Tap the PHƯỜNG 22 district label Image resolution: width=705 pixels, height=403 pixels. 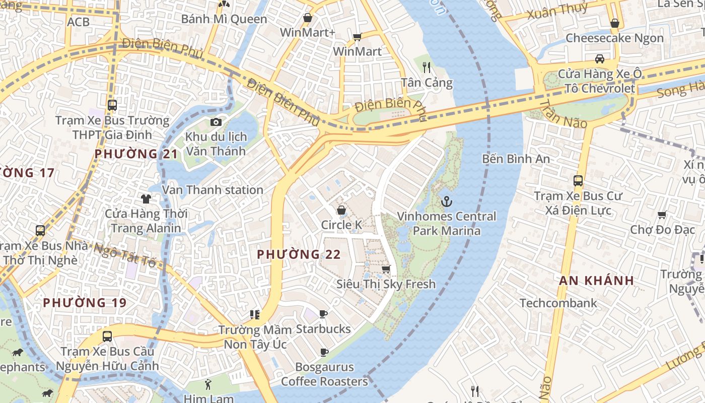click(x=299, y=254)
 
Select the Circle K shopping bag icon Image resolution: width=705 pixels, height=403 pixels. click(x=341, y=210)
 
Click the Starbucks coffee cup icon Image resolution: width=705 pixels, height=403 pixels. click(x=323, y=314)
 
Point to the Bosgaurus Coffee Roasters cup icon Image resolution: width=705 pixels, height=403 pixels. click(x=324, y=352)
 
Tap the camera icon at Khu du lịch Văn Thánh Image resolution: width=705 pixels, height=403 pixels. click(x=216, y=122)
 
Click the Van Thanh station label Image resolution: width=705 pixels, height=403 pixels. click(x=213, y=190)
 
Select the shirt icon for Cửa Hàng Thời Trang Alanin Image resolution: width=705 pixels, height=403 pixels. click(x=146, y=198)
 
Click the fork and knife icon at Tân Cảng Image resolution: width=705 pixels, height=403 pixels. click(x=427, y=68)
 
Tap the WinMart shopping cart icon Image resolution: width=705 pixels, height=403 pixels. click(x=358, y=36)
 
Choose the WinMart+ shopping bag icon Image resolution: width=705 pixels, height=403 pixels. click(x=307, y=18)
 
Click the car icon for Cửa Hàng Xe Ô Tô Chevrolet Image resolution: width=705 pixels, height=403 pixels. click(x=599, y=58)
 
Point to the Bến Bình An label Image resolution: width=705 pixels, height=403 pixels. click(x=516, y=159)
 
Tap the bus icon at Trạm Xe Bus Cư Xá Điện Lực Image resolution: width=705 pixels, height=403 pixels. click(x=578, y=180)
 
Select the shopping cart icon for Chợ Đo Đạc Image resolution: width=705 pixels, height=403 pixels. click(x=662, y=215)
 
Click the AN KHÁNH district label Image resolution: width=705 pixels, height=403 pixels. click(x=596, y=281)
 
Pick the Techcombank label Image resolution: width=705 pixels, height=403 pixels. click(x=558, y=303)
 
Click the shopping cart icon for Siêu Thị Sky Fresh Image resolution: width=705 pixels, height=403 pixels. click(x=386, y=269)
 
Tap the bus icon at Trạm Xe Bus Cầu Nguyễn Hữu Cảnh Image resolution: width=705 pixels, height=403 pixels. click(x=107, y=336)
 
